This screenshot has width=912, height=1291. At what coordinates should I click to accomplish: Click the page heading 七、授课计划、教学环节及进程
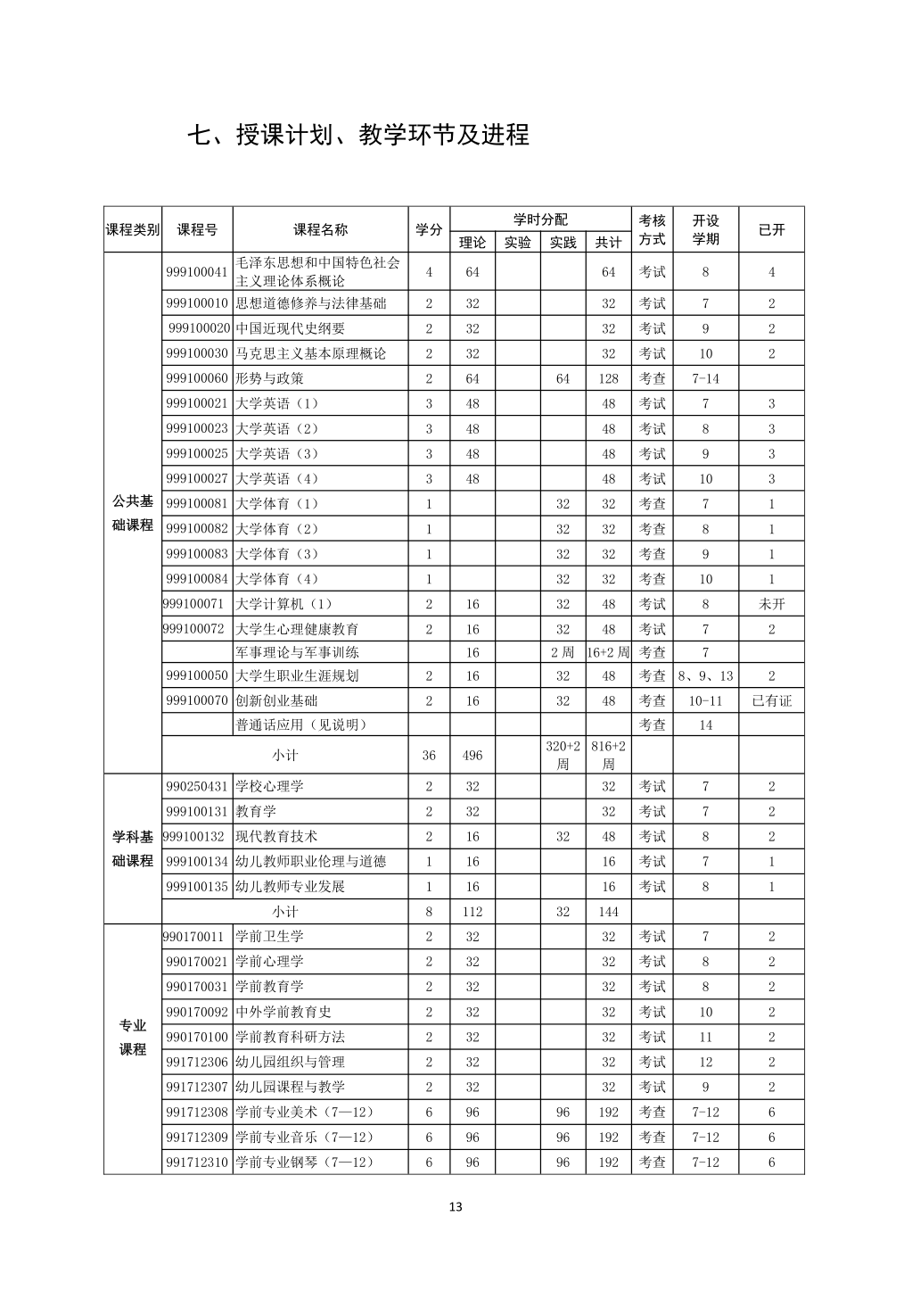[x=357, y=135]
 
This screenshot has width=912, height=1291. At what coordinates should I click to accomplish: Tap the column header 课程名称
[x=321, y=230]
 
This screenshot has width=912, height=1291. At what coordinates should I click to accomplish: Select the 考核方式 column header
[x=653, y=230]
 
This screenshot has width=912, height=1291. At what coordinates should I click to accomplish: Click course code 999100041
[x=197, y=272]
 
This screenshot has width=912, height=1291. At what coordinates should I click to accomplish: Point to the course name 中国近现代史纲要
[x=291, y=328]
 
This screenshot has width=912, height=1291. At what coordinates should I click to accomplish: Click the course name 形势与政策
[x=270, y=378]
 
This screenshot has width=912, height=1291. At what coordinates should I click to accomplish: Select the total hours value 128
[x=609, y=378]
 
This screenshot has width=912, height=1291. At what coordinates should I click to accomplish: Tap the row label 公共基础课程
[x=133, y=513]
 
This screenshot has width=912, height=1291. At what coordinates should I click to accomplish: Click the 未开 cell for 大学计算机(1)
[x=772, y=604]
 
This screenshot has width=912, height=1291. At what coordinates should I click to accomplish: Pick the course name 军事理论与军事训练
[x=298, y=652]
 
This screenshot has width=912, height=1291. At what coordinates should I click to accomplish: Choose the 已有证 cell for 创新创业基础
[x=772, y=700]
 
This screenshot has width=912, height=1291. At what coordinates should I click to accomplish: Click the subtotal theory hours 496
[x=472, y=755]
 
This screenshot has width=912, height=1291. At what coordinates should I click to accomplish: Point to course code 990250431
[x=197, y=786]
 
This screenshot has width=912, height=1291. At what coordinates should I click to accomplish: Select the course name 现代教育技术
[x=276, y=836]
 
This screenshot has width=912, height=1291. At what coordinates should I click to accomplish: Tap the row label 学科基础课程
[x=133, y=848]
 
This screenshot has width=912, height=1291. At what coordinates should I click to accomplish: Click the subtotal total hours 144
[x=609, y=912]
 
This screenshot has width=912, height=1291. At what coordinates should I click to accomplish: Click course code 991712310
[x=197, y=1162]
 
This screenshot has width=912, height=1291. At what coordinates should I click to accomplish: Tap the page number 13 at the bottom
[x=456, y=1207]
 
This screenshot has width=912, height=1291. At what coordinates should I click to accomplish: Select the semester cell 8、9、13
[x=705, y=675]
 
